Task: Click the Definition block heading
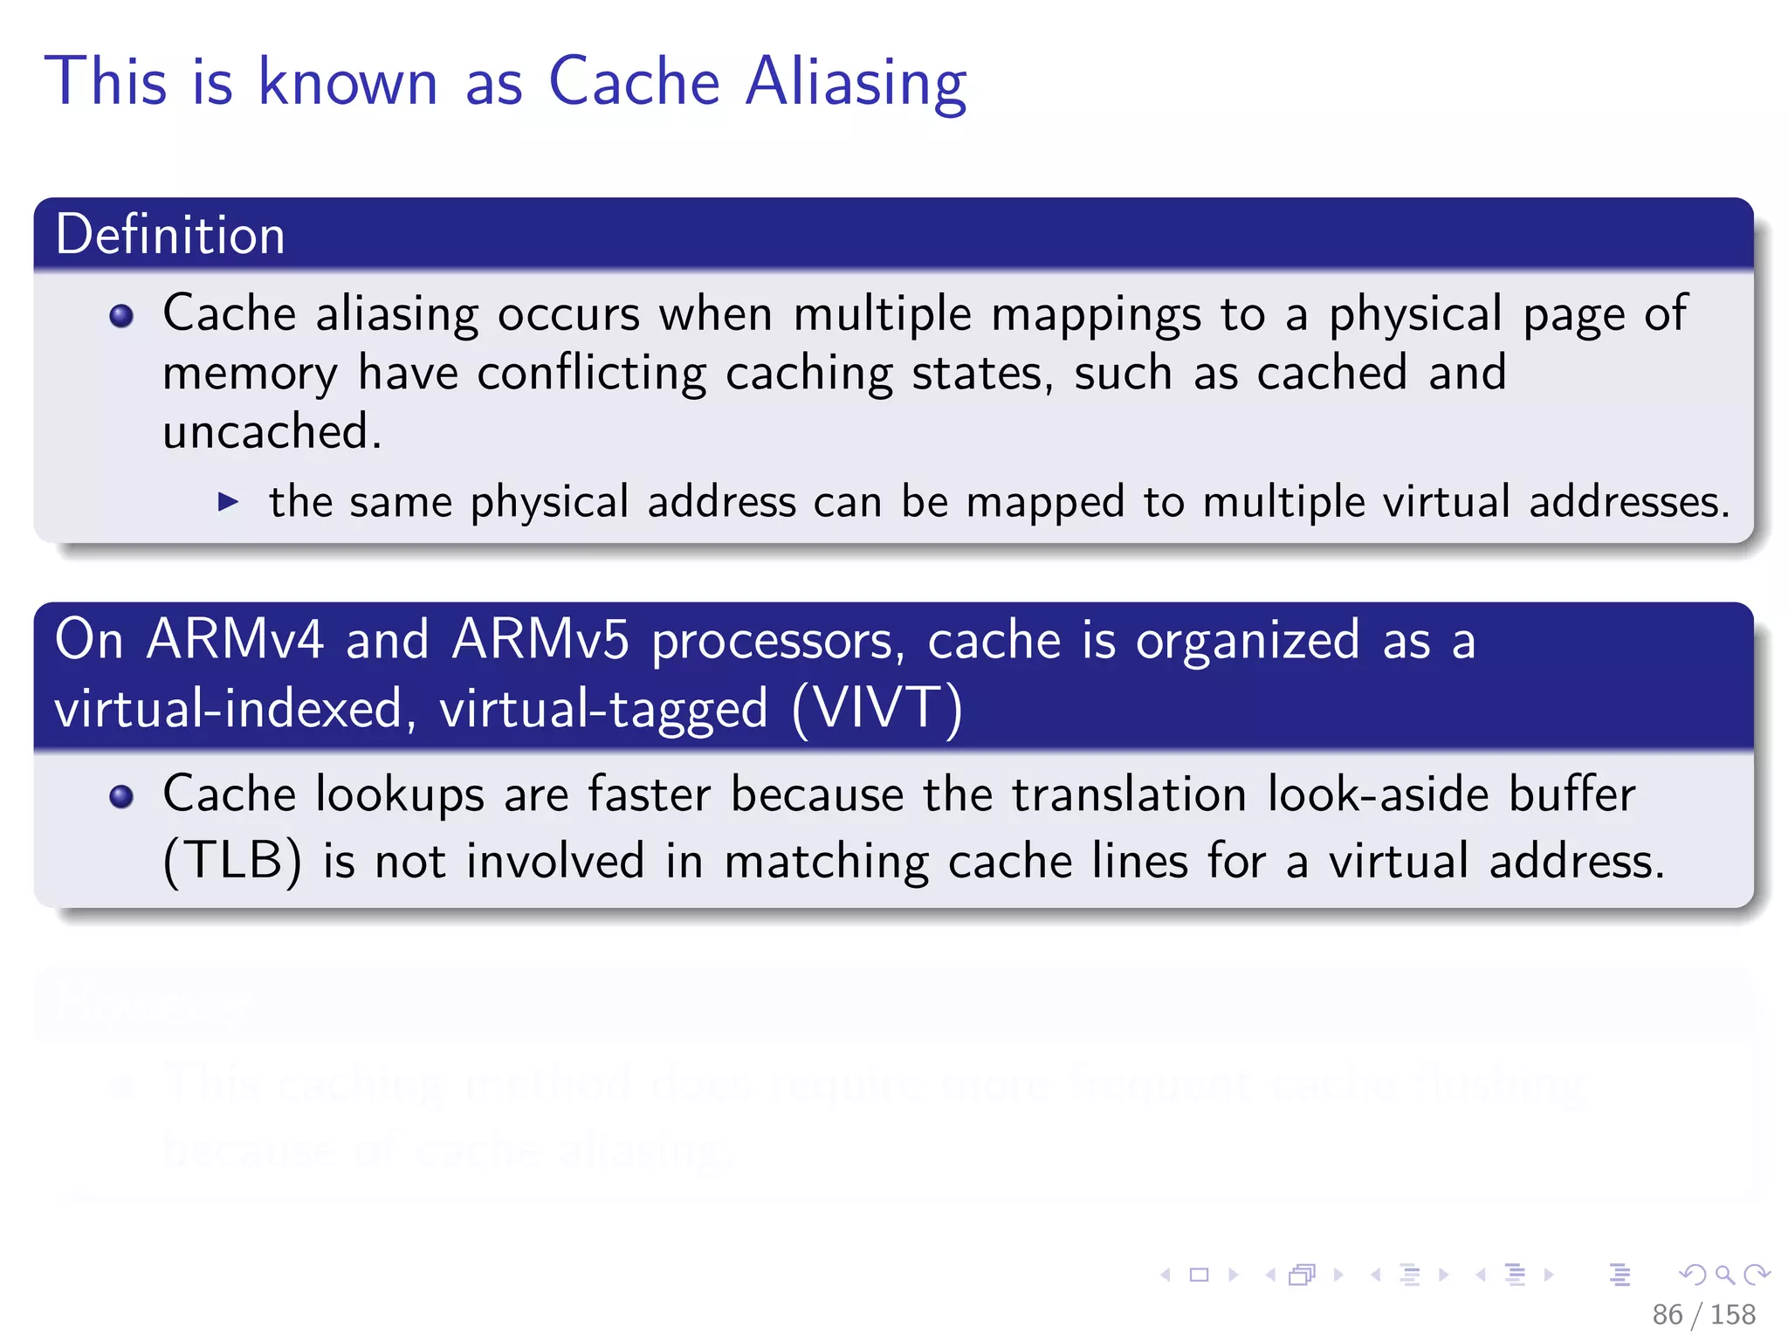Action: point(170,235)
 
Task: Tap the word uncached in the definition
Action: point(272,431)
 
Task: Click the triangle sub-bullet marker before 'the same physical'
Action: point(228,502)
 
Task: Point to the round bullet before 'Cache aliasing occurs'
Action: point(121,315)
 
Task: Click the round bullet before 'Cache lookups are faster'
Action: point(121,796)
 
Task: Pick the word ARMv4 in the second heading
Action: point(235,640)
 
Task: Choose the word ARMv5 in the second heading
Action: point(540,640)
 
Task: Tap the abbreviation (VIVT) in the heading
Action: point(877,708)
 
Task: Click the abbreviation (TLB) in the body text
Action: point(232,862)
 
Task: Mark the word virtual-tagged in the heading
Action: point(603,708)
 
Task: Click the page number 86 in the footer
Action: point(1667,1315)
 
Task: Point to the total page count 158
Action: point(1732,1315)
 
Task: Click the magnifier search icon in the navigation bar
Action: point(1724,1276)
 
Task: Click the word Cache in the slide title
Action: point(634,83)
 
